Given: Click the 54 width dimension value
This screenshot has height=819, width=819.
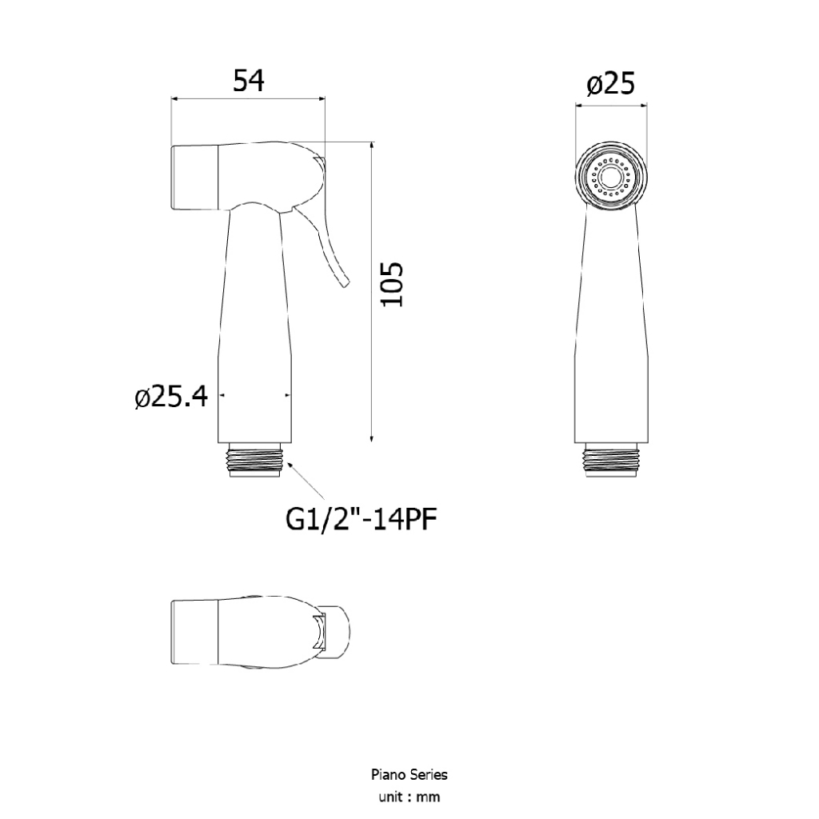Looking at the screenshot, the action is click(249, 81).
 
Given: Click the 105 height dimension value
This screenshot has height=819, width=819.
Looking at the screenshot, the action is click(392, 284).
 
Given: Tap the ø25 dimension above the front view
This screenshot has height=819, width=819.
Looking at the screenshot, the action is click(610, 83).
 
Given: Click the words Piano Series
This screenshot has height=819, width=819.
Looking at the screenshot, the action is click(409, 774).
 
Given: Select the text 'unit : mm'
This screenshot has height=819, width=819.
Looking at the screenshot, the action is click(409, 797).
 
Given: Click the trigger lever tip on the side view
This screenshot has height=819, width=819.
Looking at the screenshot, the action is click(345, 284).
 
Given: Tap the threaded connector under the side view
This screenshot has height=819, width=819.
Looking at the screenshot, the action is click(255, 460).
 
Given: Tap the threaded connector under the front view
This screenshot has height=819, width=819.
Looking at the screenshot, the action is click(612, 460).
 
